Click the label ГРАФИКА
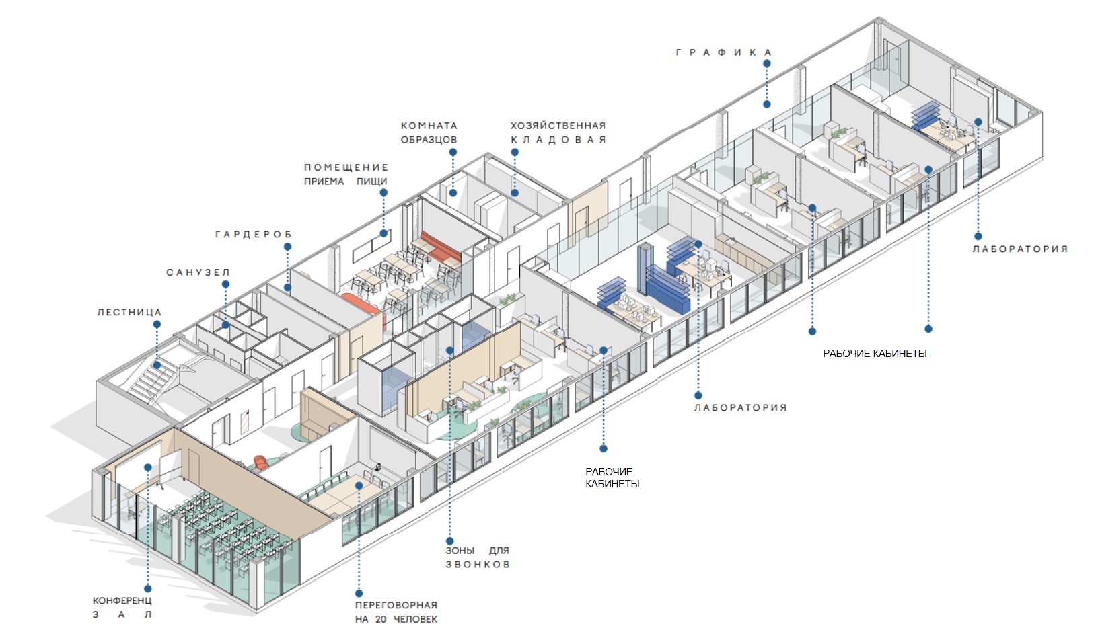[x=724, y=52]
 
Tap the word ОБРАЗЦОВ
[x=429, y=140]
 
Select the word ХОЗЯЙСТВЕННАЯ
[x=558, y=126]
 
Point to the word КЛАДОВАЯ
[x=558, y=140]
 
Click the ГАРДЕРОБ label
[x=254, y=235]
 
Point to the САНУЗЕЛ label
[x=198, y=272]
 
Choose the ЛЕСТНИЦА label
[x=129, y=312]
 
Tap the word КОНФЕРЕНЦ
[x=122, y=600]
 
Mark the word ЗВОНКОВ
[x=477, y=565]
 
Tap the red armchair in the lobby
[x=261, y=463]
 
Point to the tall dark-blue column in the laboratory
[x=645, y=269]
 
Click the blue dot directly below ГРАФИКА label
[x=766, y=64]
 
